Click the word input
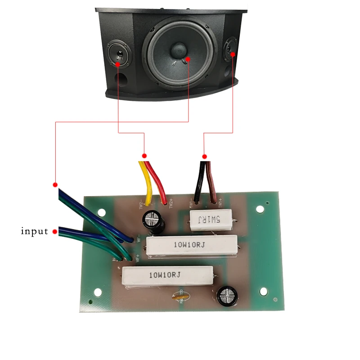(x=35, y=232)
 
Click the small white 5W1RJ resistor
(x=211, y=220)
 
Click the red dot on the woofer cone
(x=188, y=59)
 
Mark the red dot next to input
(x=55, y=232)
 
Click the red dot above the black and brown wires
(x=204, y=157)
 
